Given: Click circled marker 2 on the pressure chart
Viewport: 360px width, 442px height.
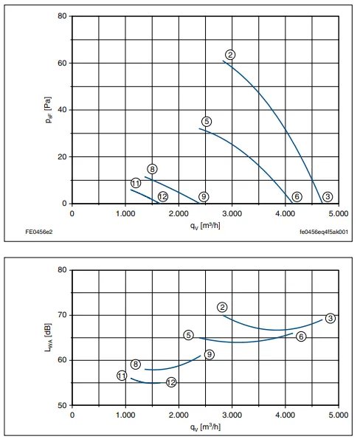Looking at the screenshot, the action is tap(230, 55).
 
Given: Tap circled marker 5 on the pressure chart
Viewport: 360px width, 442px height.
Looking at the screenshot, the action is tap(207, 122).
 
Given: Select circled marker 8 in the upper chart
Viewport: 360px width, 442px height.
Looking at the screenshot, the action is tap(152, 169).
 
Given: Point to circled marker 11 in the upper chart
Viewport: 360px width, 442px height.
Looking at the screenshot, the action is tap(136, 183).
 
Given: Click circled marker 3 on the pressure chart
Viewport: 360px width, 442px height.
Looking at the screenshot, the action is tap(328, 196).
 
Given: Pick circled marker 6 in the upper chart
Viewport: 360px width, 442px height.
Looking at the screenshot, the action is tap(297, 196).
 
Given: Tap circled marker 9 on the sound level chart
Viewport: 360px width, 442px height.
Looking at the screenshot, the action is tap(210, 354).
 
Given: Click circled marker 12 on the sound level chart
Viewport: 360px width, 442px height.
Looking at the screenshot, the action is tap(171, 382).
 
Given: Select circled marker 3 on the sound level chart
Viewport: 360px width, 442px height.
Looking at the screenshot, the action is tap(330, 318).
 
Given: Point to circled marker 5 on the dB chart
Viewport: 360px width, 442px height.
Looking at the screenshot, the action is tap(189, 335).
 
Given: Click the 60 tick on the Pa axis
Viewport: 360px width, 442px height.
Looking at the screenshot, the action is tap(62, 63).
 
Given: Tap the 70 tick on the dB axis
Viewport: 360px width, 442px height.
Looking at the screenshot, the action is tap(62, 315).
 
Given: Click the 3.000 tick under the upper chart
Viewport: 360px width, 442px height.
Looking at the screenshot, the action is tap(232, 213).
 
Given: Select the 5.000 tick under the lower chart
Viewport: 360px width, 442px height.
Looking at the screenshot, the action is tap(339, 415).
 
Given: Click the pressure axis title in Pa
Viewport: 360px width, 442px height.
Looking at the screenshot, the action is tap(48, 110).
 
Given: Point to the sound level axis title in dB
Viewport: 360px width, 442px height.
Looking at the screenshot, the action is tap(48, 337).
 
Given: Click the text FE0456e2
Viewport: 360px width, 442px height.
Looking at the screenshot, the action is tap(39, 232).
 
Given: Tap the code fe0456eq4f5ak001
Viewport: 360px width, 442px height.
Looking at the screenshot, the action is tap(324, 232).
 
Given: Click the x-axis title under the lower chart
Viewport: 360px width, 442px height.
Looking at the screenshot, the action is tap(205, 427).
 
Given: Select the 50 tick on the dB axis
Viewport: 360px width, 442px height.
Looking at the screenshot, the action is tap(62, 405).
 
